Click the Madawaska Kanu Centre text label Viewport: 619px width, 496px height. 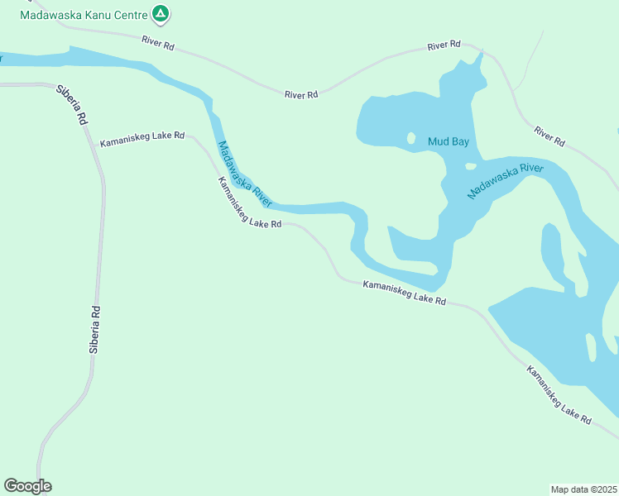point(84,15)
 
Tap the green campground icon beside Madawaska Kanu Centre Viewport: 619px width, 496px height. point(161,14)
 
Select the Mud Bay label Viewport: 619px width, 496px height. point(448,142)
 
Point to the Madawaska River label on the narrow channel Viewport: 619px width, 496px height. point(245,174)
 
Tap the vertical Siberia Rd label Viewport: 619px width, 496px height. point(95,331)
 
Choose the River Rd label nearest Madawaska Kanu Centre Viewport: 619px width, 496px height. point(157,43)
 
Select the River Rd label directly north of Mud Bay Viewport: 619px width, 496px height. point(444,46)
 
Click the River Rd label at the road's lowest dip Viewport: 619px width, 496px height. point(301,95)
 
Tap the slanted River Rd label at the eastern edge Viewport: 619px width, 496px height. point(549,136)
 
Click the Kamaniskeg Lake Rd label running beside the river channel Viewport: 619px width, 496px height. point(249,203)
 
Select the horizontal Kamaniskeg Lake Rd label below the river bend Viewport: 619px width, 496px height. point(405,293)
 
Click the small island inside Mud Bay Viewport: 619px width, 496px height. point(410,138)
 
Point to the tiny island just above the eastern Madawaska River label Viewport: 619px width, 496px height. point(471,165)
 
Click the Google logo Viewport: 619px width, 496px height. point(27,486)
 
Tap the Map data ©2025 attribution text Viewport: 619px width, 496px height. point(583,489)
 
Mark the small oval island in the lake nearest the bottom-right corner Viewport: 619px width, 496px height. point(590,347)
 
